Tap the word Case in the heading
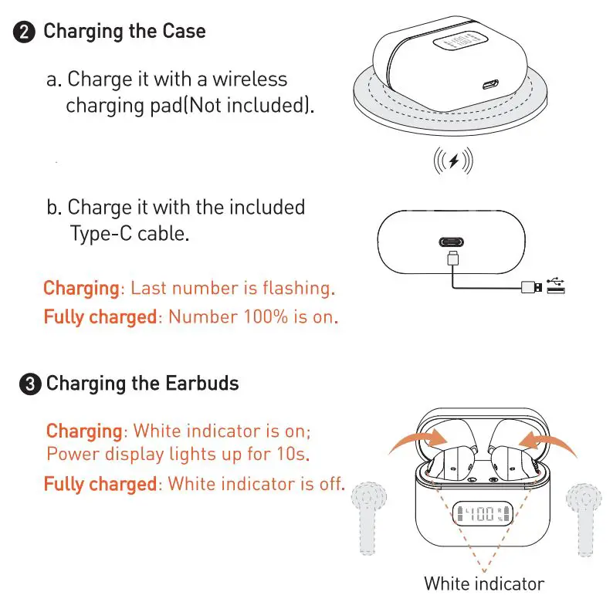pyautogui.click(x=183, y=32)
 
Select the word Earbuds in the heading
pyautogui.click(x=202, y=384)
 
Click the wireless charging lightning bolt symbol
pyautogui.click(x=453, y=161)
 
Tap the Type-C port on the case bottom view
pyautogui.click(x=452, y=241)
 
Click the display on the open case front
pyautogui.click(x=483, y=513)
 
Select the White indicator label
pyautogui.click(x=484, y=583)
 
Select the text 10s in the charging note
pyautogui.click(x=294, y=454)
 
